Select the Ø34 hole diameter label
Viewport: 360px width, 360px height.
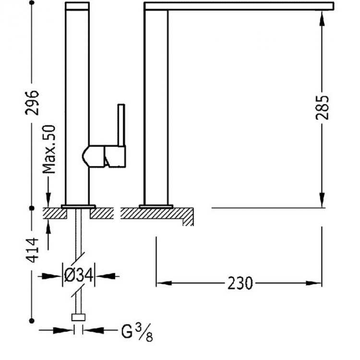click(79, 276)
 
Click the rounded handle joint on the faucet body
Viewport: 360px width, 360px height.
click(91, 156)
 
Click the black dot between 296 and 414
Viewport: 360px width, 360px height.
click(32, 208)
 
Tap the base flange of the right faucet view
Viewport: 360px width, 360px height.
click(156, 206)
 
